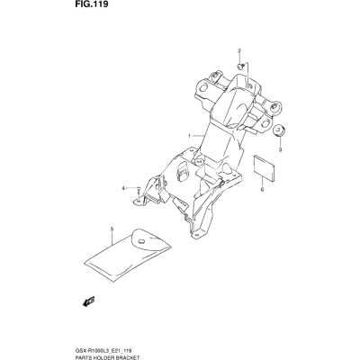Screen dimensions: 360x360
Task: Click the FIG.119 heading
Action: click(x=87, y=5)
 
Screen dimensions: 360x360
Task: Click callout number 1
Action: click(x=189, y=137)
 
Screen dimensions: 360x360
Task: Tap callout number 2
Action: click(x=239, y=51)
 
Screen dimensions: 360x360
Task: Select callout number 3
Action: click(x=280, y=150)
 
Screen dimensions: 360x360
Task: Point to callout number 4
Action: click(x=122, y=188)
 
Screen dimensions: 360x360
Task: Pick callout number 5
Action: click(x=112, y=229)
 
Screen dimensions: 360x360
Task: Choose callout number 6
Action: click(x=262, y=190)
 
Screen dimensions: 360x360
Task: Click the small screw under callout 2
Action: click(x=240, y=66)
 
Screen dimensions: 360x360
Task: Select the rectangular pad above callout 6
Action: click(x=265, y=168)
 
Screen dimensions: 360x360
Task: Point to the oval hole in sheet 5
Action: click(x=141, y=241)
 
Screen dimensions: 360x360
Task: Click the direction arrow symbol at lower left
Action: click(x=88, y=301)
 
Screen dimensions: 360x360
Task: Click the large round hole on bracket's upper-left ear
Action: click(x=203, y=88)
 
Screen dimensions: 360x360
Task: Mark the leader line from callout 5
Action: click(x=112, y=238)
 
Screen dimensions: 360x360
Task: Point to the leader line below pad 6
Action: click(x=262, y=183)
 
